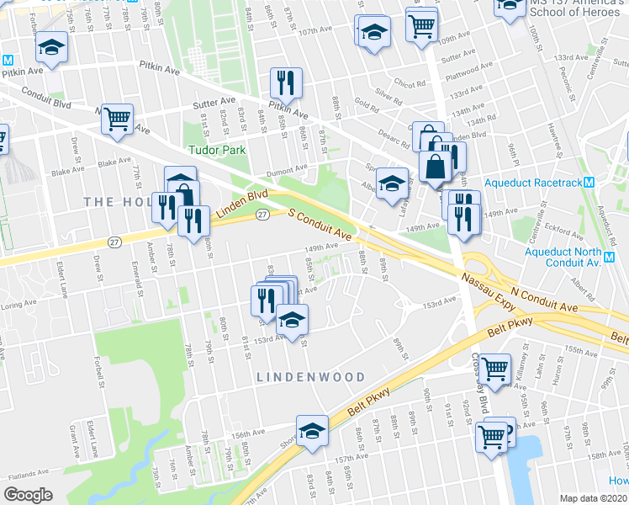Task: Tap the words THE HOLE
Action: click(117, 201)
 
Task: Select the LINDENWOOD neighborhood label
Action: click(311, 378)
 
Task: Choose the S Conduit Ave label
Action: click(320, 222)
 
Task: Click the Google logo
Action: click(29, 495)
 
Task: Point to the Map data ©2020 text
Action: click(594, 498)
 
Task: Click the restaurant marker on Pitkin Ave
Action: click(286, 83)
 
